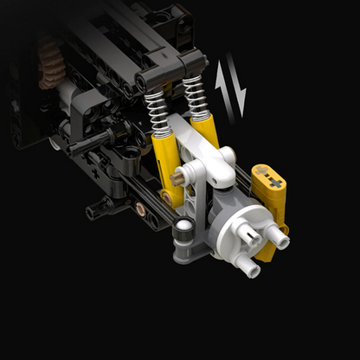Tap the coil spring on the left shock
pyautogui.click(x=157, y=108)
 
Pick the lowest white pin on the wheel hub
pyautogui.click(x=252, y=269)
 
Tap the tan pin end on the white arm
pyautogui.click(x=176, y=179)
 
